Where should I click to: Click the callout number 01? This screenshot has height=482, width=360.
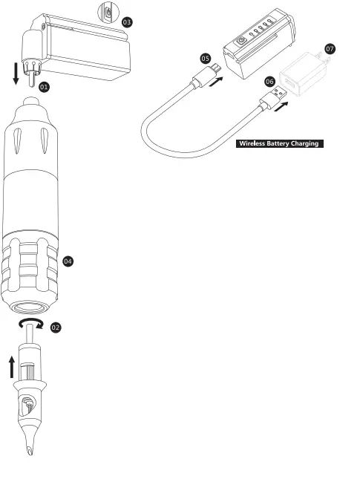point(44,87)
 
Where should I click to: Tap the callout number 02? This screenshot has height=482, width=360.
point(56,328)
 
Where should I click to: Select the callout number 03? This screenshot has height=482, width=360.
point(127,22)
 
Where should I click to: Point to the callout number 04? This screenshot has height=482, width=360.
point(68,261)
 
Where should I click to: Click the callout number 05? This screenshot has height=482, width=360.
point(206,59)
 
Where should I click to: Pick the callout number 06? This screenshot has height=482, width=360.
point(269,82)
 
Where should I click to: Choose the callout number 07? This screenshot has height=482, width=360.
point(330,48)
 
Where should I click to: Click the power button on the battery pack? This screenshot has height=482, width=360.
point(241,41)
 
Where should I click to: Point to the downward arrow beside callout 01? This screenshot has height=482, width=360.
point(16,74)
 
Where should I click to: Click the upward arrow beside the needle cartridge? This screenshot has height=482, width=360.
point(12,367)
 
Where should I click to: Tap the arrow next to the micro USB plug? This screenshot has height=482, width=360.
point(216,82)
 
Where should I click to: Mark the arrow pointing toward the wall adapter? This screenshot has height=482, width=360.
point(281,107)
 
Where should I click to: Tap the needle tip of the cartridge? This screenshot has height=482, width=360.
point(30,452)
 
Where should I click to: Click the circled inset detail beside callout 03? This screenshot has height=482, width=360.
point(108,13)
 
